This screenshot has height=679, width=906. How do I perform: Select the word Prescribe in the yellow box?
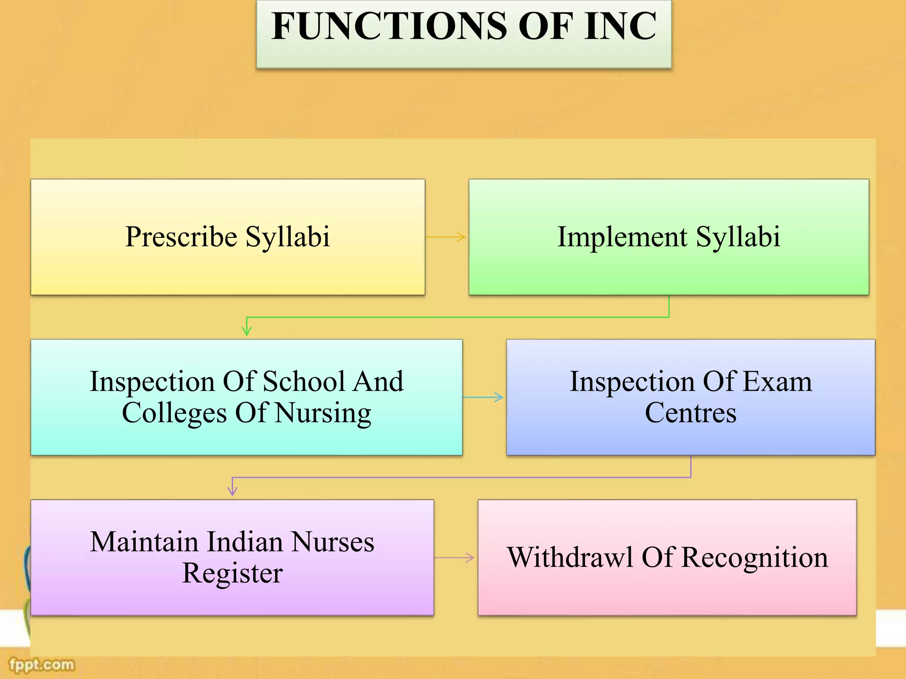tap(181, 237)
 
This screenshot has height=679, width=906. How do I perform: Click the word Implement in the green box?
tap(622, 237)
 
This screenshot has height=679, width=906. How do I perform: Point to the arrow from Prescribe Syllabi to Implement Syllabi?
tap(446, 237)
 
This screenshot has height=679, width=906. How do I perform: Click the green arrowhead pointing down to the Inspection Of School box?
tap(247, 330)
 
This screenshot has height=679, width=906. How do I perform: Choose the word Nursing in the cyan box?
tap(323, 413)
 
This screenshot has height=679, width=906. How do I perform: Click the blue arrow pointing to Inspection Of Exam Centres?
tap(484, 397)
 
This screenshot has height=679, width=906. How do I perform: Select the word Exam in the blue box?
tap(777, 381)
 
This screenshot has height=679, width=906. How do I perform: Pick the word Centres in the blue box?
tap(691, 413)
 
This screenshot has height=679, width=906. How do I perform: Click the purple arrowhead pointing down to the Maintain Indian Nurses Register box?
tap(232, 490)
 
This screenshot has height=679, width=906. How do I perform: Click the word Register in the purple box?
tap(232, 574)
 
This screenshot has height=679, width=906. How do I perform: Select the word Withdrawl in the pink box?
tap(570, 558)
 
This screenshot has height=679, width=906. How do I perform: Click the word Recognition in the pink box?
tap(754, 558)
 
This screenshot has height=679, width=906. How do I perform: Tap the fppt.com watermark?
tap(42, 664)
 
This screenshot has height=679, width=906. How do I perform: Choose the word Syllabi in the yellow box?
tap(288, 237)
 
